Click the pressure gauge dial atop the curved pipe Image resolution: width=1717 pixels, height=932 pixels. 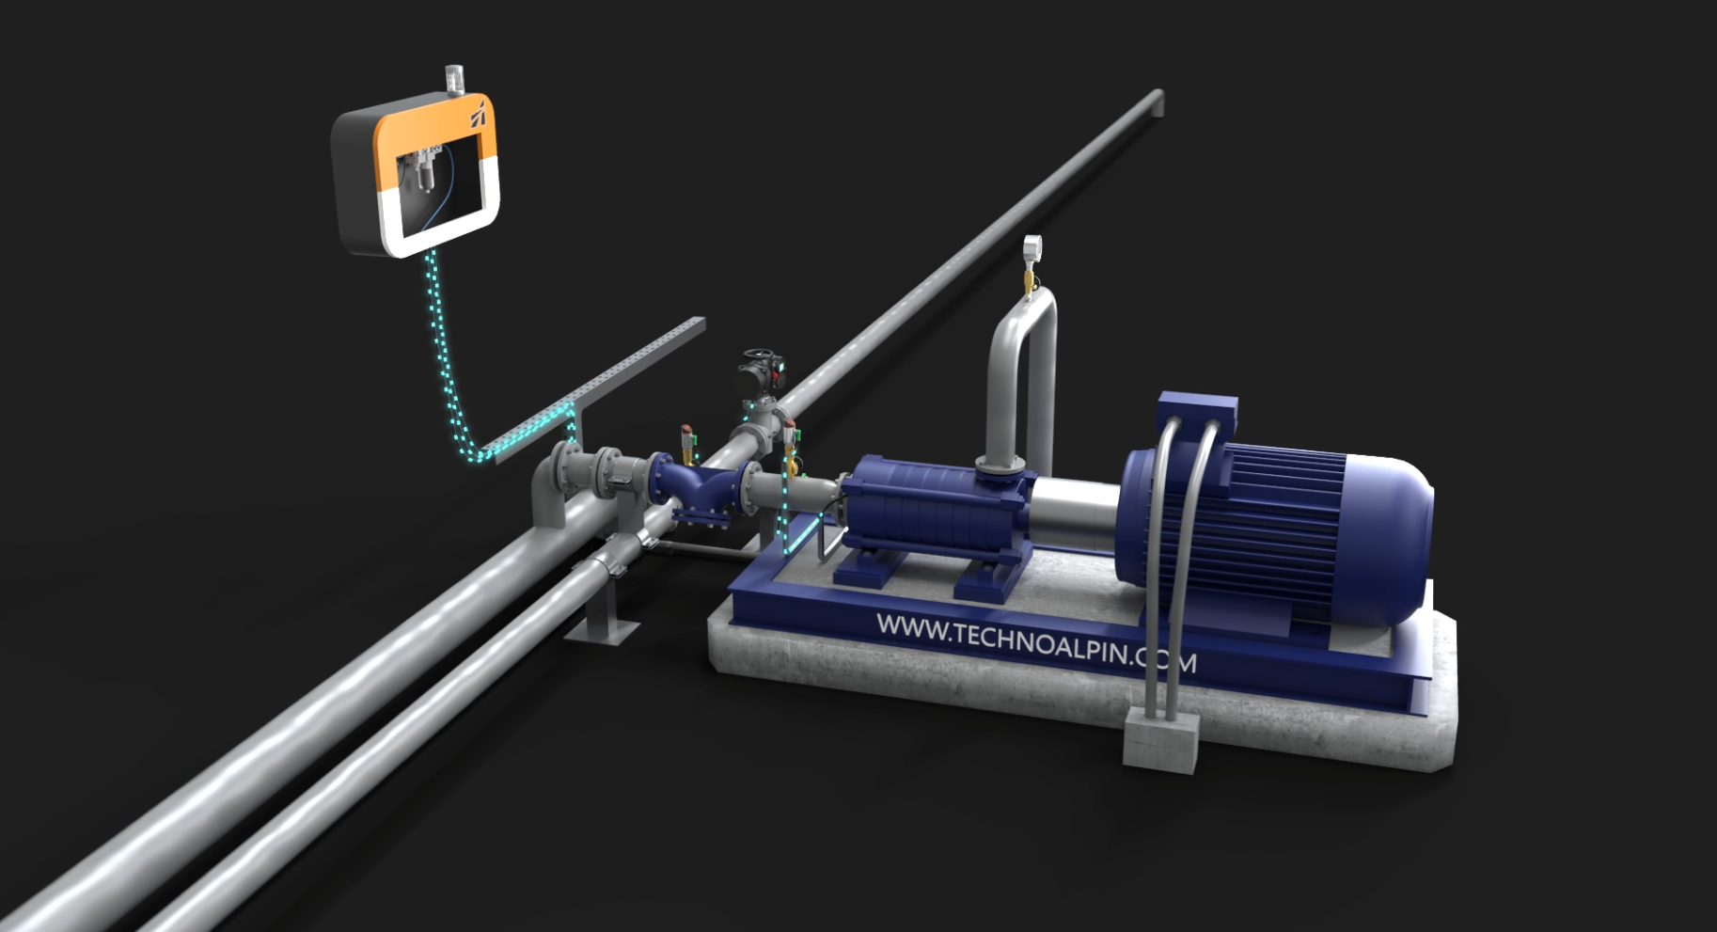[1032, 247]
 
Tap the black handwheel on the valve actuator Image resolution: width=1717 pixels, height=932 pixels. [759, 358]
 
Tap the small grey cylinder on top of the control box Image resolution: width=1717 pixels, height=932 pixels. [454, 79]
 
